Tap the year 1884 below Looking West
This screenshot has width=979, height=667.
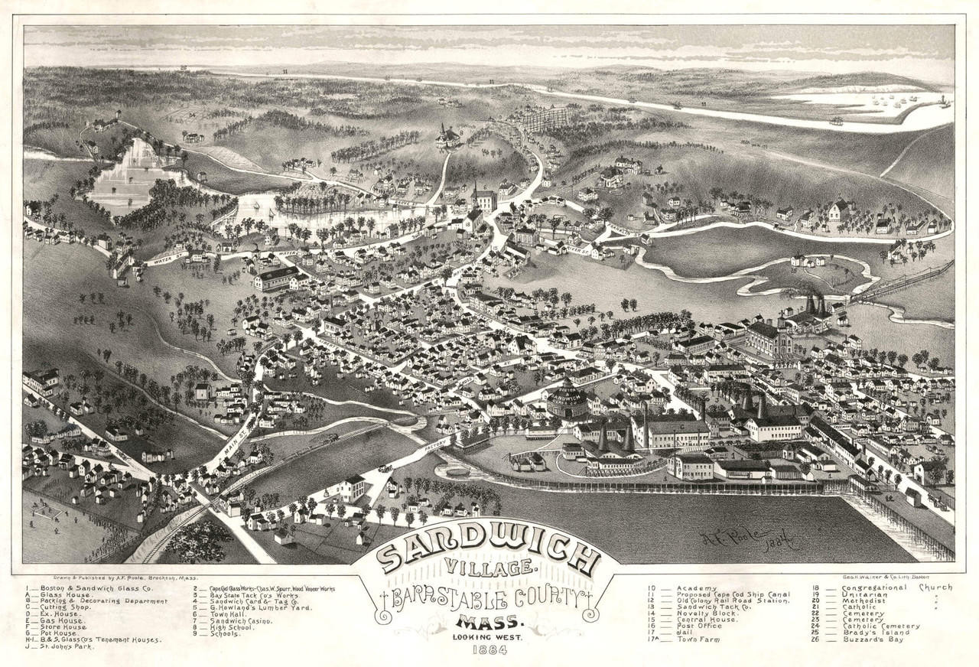tap(489, 651)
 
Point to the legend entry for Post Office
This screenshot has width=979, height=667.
tap(699, 626)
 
